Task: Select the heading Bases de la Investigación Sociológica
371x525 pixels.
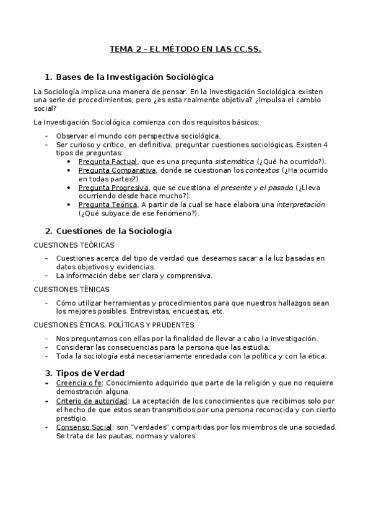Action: tap(134, 77)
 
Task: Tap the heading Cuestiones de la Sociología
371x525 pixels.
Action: tap(113, 231)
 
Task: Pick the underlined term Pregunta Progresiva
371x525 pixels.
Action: tap(113, 187)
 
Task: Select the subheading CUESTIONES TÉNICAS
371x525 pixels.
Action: tap(71, 289)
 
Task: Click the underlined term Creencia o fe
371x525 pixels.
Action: tap(78, 383)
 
